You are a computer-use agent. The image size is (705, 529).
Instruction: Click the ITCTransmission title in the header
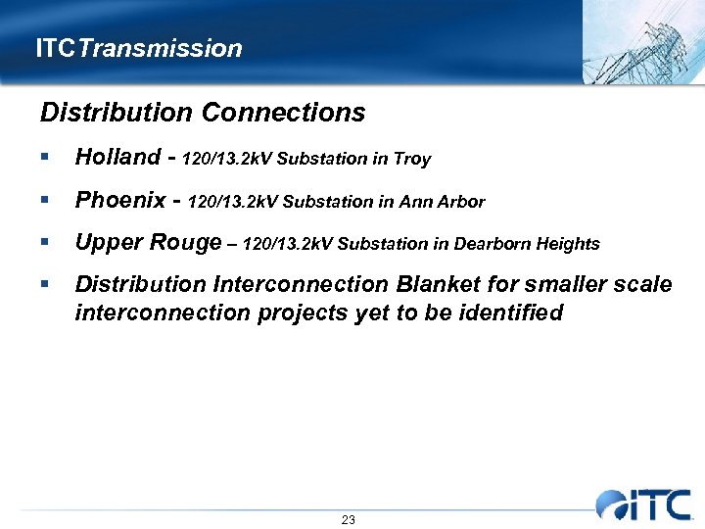point(138,48)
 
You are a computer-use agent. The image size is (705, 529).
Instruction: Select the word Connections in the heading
point(283,113)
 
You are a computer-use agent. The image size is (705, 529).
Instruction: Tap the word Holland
point(117,157)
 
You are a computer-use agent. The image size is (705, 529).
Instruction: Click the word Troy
point(412,159)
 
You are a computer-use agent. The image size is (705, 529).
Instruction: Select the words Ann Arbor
point(447,203)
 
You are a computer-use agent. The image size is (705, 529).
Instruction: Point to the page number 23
point(349,519)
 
